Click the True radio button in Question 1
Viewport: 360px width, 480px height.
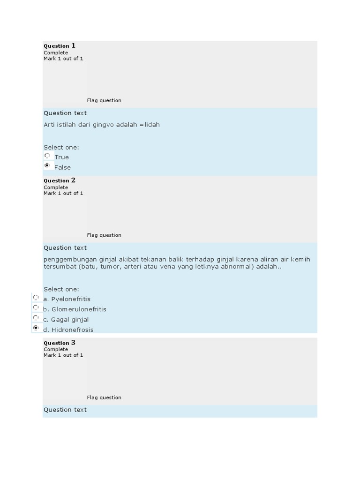point(47,156)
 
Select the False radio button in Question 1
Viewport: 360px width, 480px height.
point(47,166)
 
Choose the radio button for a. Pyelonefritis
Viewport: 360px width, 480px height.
point(36,298)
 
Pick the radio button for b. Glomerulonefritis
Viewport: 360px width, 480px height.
point(36,308)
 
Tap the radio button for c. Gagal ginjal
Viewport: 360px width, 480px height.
point(36,318)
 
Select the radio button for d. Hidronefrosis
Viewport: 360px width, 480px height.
point(36,328)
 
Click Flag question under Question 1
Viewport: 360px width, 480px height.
point(104,100)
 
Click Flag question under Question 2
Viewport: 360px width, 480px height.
point(104,235)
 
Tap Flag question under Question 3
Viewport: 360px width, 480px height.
point(104,397)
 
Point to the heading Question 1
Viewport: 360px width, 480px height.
point(60,46)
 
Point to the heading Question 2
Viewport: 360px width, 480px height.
point(60,180)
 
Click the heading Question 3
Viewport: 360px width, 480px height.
point(60,343)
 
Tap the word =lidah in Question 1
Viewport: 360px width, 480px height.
point(150,125)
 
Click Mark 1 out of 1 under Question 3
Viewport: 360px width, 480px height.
point(63,355)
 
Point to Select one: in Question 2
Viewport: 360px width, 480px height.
point(61,289)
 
